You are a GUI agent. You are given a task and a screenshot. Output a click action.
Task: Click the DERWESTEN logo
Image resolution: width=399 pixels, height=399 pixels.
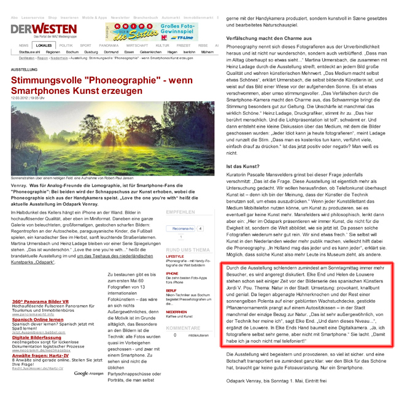point(35,30)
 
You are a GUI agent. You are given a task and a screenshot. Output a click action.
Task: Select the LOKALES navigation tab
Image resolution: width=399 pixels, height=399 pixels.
point(44,45)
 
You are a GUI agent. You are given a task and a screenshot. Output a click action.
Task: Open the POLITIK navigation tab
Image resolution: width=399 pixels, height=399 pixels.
point(66,45)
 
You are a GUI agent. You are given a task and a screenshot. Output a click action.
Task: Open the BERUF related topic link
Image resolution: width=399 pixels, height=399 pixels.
point(171,290)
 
